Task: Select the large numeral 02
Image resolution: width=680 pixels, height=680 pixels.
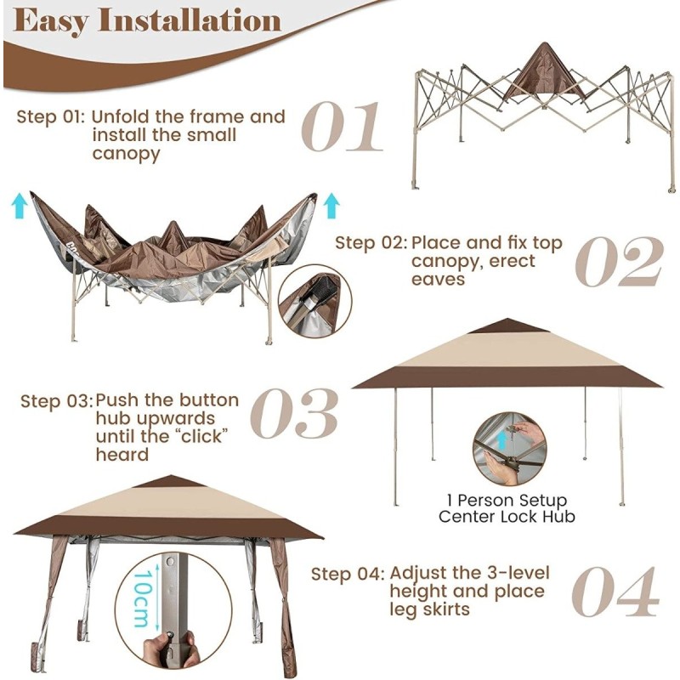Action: (x=618, y=260)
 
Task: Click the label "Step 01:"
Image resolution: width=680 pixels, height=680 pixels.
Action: (x=50, y=116)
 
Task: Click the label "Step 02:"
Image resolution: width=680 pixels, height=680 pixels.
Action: (x=369, y=243)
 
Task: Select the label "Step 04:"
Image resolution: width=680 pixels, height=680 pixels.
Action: (x=345, y=573)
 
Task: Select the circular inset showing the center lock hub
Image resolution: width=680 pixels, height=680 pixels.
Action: (x=509, y=448)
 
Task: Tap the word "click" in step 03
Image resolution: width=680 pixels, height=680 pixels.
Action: (x=203, y=437)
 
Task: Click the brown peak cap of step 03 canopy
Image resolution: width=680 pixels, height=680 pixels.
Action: (x=507, y=326)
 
